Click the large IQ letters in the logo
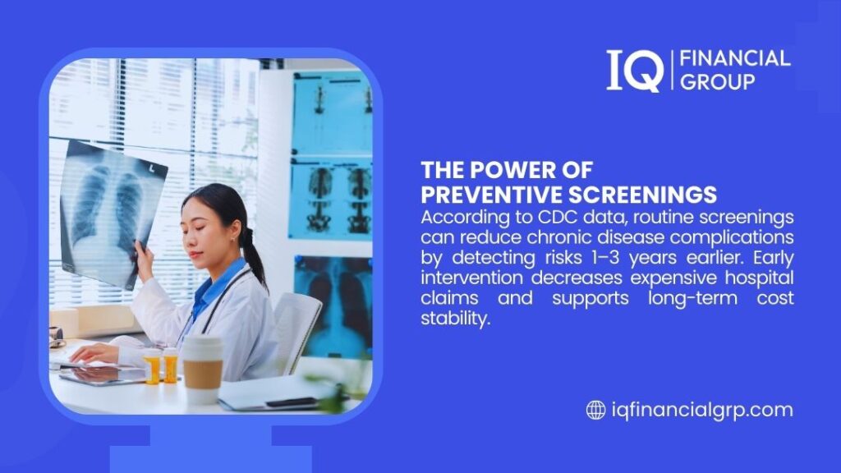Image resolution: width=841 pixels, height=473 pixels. pyautogui.click(x=634, y=70)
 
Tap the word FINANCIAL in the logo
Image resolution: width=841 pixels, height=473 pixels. pyautogui.click(x=731, y=58)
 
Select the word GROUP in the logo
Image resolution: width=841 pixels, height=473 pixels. pyautogui.click(x=712, y=81)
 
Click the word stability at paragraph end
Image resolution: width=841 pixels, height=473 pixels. pyautogui.click(x=455, y=317)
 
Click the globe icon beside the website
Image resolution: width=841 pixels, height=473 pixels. pyautogui.click(x=595, y=410)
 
